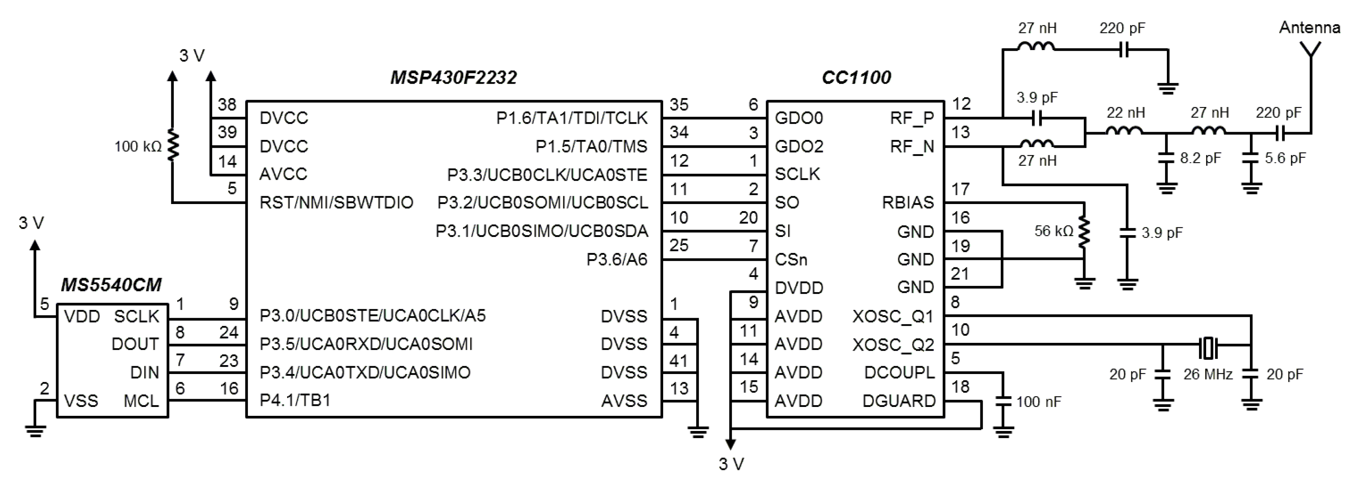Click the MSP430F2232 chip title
(453, 78)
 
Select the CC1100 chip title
(856, 78)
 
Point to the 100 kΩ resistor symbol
(172, 145)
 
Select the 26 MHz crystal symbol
(1208, 348)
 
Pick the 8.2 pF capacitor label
(1200, 158)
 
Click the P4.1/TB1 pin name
(295, 400)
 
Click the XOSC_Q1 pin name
(893, 317)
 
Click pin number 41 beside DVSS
(679, 361)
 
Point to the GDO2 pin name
(799, 146)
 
